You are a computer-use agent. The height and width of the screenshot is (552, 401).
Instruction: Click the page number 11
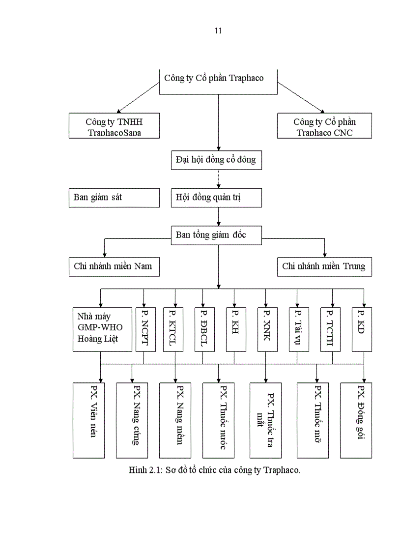click(x=218, y=31)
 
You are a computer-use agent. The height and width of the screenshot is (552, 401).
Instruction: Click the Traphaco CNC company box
click(x=324, y=126)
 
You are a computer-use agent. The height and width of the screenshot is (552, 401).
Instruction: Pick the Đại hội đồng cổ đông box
click(x=216, y=160)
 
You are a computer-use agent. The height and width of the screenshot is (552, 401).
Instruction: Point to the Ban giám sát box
click(x=114, y=198)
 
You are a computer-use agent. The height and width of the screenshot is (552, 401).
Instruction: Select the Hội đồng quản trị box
click(x=216, y=198)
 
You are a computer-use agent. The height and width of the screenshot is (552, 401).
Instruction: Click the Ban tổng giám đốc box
click(x=216, y=235)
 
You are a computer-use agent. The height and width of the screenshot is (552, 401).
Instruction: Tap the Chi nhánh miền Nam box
click(x=114, y=266)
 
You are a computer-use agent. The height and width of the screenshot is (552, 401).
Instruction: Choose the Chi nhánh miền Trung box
click(x=324, y=266)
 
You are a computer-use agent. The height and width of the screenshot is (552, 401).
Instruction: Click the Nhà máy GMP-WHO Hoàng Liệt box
click(x=103, y=329)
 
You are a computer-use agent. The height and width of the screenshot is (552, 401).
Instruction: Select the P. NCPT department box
click(x=145, y=329)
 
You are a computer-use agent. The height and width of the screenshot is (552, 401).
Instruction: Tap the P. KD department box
click(x=362, y=329)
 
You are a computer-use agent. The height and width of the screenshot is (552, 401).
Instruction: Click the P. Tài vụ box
click(x=299, y=329)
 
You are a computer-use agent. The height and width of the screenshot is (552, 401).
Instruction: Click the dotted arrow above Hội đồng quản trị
click(x=218, y=179)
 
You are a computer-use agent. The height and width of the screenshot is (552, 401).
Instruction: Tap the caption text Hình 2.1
click(x=214, y=470)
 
